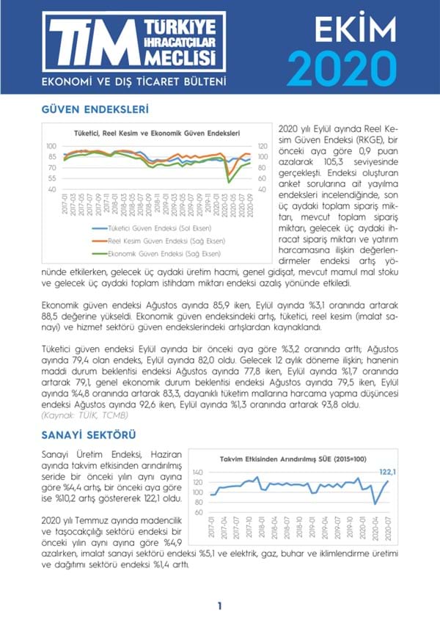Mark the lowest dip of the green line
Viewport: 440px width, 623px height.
(x=229, y=181)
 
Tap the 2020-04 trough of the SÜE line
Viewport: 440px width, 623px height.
(x=375, y=503)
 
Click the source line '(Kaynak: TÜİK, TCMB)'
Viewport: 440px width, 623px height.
(x=87, y=415)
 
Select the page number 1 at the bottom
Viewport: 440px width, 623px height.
(x=219, y=606)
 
